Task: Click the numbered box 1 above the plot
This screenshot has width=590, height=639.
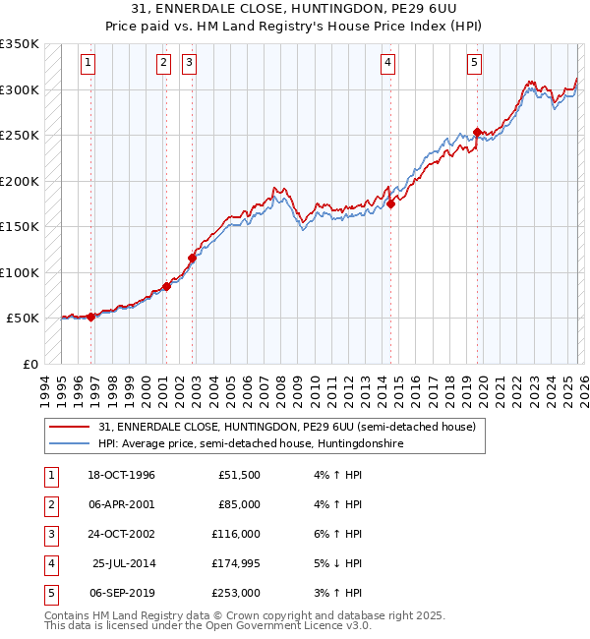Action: click(88, 63)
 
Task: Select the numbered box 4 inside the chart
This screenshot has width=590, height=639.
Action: click(388, 63)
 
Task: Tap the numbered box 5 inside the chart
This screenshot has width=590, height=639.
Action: click(474, 63)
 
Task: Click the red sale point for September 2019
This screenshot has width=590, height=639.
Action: click(478, 132)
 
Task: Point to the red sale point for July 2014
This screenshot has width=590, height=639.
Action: click(390, 203)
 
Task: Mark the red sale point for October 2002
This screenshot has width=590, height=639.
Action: click(192, 258)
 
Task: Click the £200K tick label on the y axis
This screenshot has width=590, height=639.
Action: click(20, 181)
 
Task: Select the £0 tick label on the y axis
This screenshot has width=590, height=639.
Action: click(29, 364)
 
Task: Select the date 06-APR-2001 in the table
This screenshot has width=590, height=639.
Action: click(121, 504)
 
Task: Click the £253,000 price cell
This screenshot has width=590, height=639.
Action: click(236, 593)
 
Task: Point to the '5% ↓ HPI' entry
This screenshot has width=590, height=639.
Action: click(334, 563)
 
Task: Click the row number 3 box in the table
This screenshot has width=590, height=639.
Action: click(49, 534)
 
